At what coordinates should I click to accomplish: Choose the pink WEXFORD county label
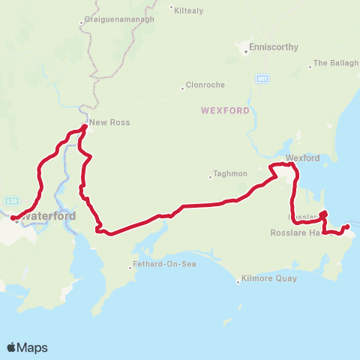tap(225, 110)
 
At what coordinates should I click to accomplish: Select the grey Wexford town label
tap(303, 158)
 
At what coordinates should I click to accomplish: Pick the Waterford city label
tap(49, 216)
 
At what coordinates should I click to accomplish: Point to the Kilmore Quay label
tap(270, 278)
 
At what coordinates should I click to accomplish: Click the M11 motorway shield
tap(262, 78)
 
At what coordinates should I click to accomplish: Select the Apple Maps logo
tap(27, 347)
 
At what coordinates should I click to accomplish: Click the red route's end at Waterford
tap(13, 218)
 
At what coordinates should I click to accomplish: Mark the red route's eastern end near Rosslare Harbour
tap(346, 226)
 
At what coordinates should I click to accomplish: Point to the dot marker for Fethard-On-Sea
tap(129, 265)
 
